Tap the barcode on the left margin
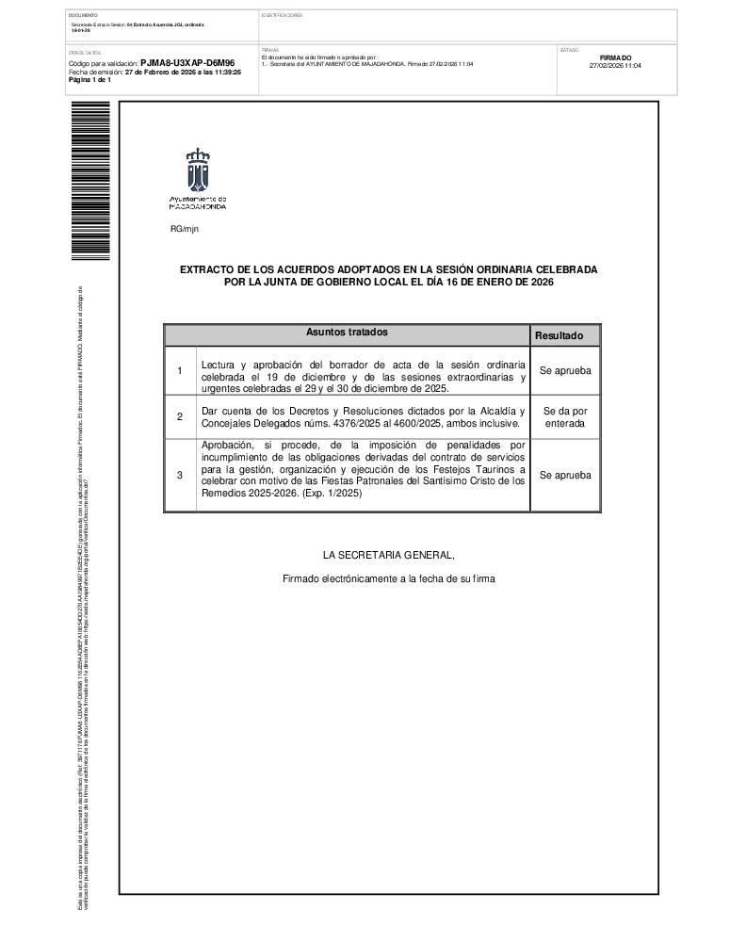(x=90, y=180)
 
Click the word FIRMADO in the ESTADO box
(x=615, y=57)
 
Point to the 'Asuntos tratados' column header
(x=347, y=333)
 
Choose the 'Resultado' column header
(x=565, y=335)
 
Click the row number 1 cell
(x=180, y=371)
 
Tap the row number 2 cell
(x=180, y=416)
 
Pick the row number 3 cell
(x=180, y=476)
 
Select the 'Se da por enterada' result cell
(x=565, y=417)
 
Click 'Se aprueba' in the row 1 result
(x=565, y=371)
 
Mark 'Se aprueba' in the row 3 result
(x=565, y=476)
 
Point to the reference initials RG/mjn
(x=185, y=229)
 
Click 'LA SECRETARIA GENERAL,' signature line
(x=388, y=554)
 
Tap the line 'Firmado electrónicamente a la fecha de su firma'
(x=388, y=578)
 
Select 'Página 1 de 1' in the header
(x=90, y=80)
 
